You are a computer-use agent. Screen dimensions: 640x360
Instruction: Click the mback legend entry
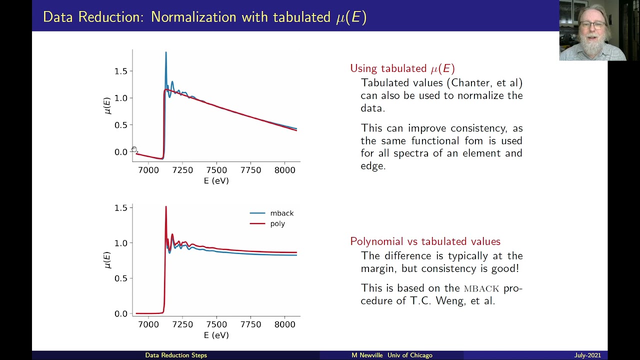pyautogui.click(x=271, y=213)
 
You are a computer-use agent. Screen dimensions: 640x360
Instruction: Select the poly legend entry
pyautogui.click(x=267, y=223)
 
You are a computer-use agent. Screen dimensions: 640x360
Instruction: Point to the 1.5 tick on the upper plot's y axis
pyautogui.click(x=121, y=71)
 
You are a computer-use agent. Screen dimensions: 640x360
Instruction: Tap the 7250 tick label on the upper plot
pyautogui.click(x=182, y=170)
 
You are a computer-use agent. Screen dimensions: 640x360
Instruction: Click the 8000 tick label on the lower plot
pyautogui.click(x=284, y=324)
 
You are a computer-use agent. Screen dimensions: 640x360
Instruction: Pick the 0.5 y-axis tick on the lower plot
pyautogui.click(x=121, y=278)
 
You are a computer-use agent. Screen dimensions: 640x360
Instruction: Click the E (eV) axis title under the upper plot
pyautogui.click(x=216, y=181)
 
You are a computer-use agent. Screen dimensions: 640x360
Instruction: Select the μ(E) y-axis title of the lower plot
pyautogui.click(x=107, y=260)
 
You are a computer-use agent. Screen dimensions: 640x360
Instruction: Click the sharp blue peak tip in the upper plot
pyautogui.click(x=166, y=52)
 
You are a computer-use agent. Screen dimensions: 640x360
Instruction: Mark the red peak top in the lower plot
pyautogui.click(x=166, y=206)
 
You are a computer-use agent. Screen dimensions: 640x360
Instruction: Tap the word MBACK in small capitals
pyautogui.click(x=481, y=288)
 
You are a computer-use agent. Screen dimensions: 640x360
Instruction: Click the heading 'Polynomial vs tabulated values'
pyautogui.click(x=425, y=241)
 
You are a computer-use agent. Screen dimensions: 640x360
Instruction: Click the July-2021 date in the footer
pyautogui.click(x=587, y=355)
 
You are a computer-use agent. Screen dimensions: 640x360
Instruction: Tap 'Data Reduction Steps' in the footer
pyautogui.click(x=176, y=355)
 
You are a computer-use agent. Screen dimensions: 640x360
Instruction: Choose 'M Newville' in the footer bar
pyautogui.click(x=367, y=355)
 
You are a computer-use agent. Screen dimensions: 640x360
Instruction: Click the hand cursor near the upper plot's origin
pyautogui.click(x=134, y=149)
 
